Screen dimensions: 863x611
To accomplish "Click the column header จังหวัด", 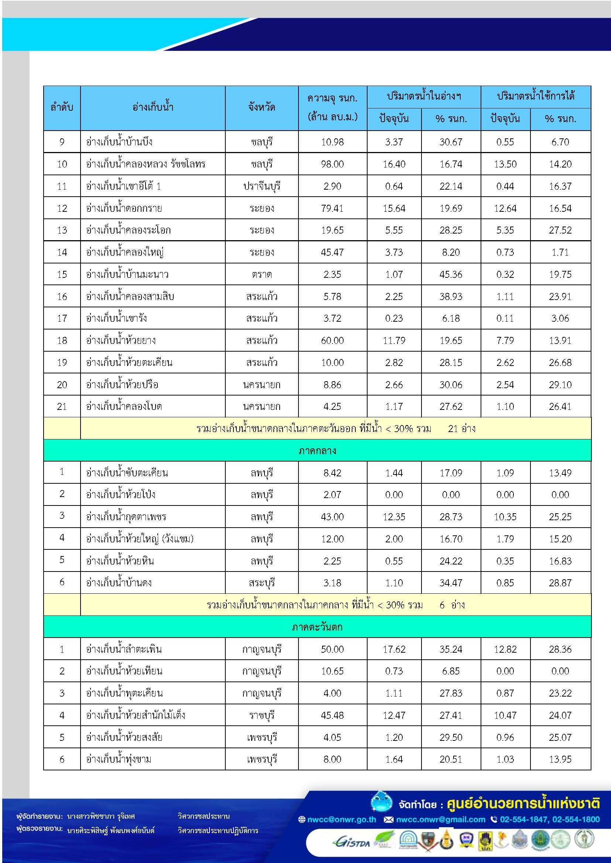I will (x=262, y=108).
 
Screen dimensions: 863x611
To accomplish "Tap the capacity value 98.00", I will (x=332, y=164).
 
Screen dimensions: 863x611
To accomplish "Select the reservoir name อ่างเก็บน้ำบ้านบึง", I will (x=119, y=142).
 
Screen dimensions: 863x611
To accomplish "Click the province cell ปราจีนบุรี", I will (x=262, y=186).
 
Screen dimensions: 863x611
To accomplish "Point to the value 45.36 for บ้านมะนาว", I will (x=450, y=275).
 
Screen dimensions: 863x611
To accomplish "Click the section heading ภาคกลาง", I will (x=317, y=451).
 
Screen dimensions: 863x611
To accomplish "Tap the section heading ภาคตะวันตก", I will (x=317, y=627).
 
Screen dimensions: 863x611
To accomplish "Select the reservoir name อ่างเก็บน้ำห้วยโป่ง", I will (x=120, y=495).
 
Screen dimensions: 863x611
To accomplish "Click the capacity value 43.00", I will (x=332, y=517).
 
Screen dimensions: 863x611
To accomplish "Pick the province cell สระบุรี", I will (x=262, y=583).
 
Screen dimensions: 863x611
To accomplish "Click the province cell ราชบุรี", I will (x=262, y=715).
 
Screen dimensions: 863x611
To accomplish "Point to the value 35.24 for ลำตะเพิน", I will (x=450, y=649).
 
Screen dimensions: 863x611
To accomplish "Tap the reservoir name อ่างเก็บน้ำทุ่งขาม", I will (x=119, y=759).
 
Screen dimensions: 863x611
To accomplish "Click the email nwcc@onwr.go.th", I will (x=341, y=819).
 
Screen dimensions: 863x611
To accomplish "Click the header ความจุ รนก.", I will (x=332, y=99).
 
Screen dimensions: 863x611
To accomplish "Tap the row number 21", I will (x=62, y=407).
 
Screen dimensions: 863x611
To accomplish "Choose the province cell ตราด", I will (x=262, y=275).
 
